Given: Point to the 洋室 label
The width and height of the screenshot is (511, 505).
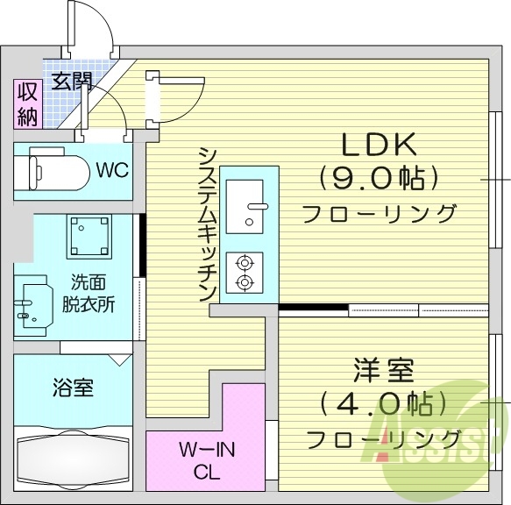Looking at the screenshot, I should [x=383, y=370].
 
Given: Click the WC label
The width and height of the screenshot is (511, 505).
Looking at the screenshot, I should [x=113, y=169].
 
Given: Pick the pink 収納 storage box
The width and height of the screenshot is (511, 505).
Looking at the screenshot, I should [x=25, y=103].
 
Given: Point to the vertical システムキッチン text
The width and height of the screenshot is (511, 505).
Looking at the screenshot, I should [x=209, y=224].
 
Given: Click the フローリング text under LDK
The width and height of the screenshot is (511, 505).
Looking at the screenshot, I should [x=380, y=213].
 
